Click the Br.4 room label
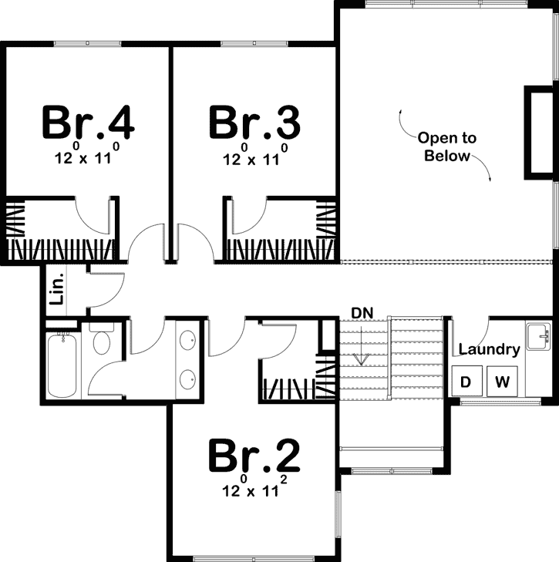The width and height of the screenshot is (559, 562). pos(89,122)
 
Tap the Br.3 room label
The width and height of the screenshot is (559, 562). pos(254,122)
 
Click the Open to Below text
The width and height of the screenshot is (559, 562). pos(447,146)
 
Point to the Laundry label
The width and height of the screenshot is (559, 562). pos(489,349)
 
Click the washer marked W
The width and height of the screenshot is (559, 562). pos(502,381)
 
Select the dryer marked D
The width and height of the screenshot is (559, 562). pos(466,381)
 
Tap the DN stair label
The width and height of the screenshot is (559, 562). pos(362,312)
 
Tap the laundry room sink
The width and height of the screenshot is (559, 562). pos(537,335)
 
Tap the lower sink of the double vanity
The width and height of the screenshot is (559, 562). pos(187,378)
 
